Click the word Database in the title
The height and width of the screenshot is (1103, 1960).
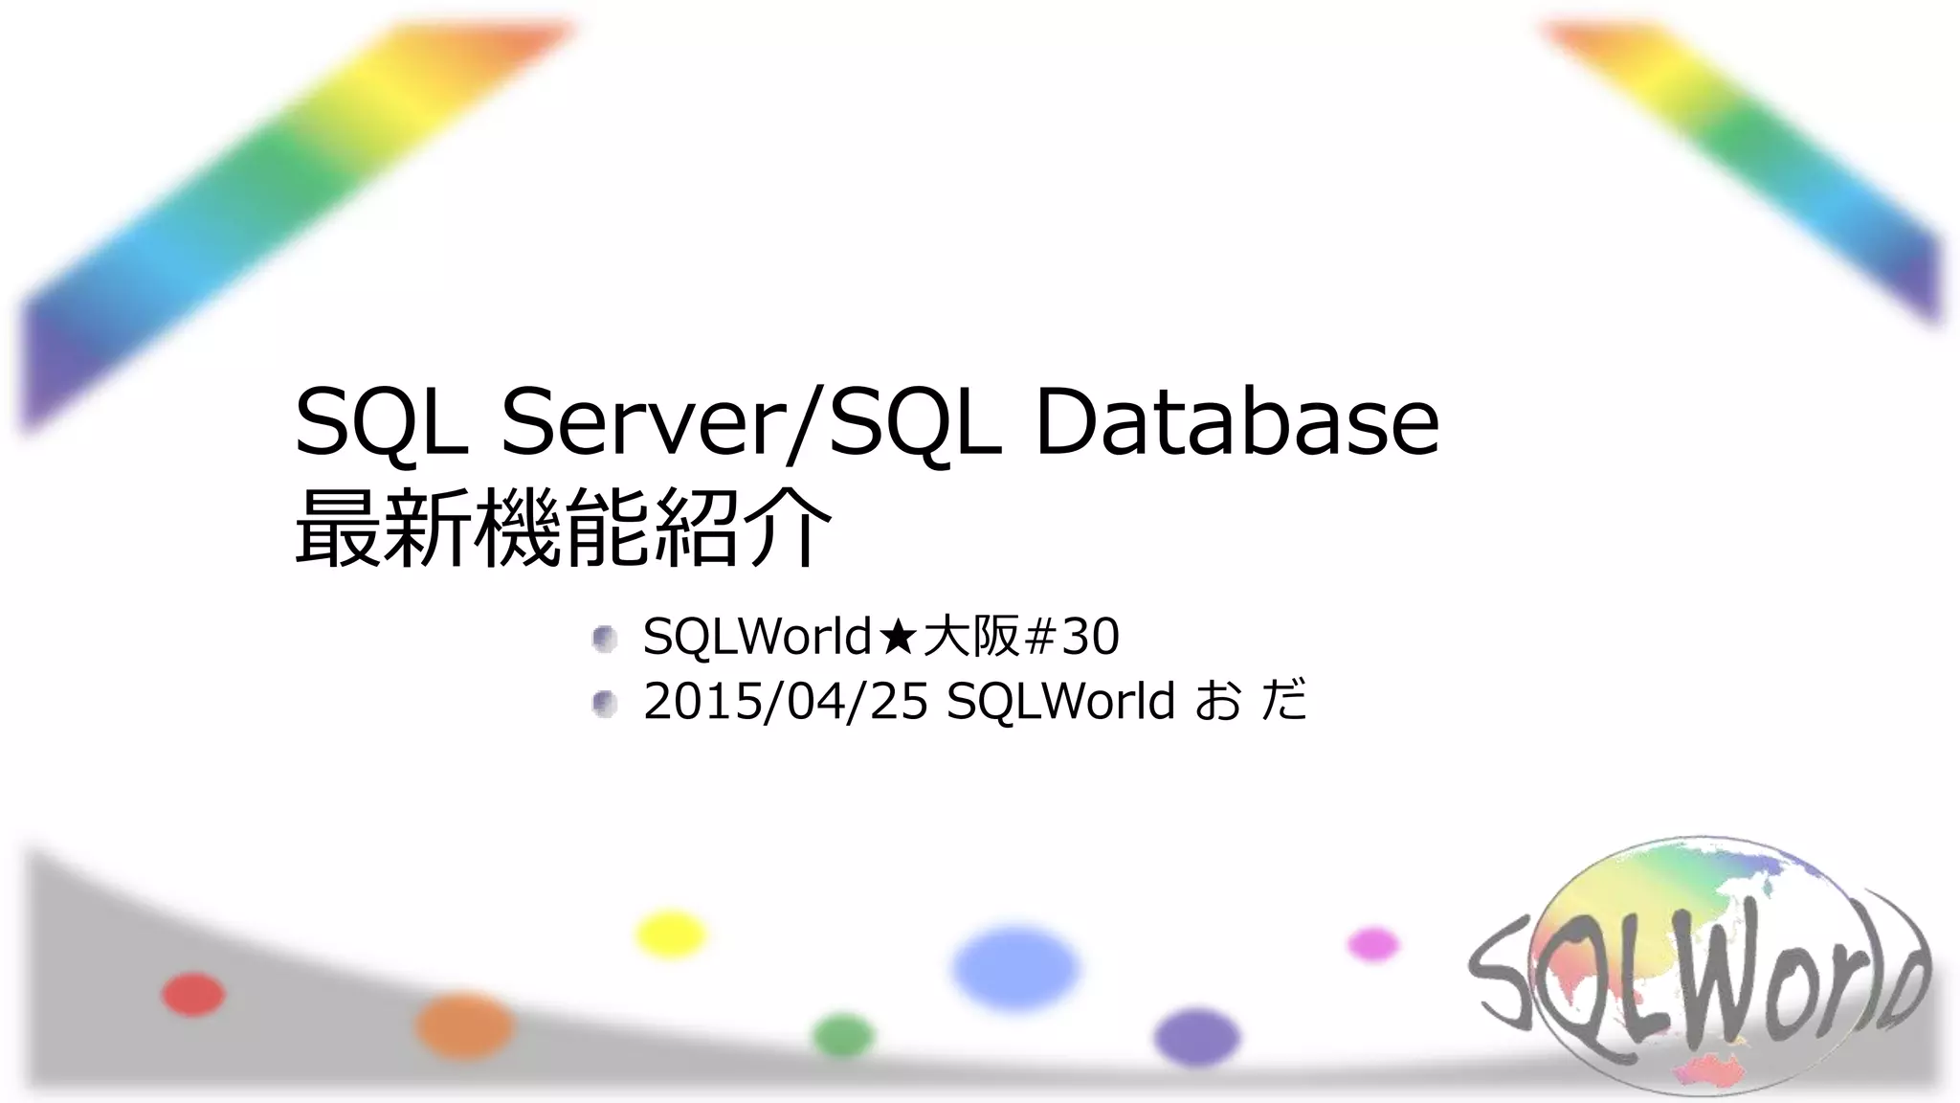[1236, 421]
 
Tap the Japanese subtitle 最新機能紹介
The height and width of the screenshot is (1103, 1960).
[563, 529]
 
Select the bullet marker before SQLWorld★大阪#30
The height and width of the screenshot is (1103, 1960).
[604, 639]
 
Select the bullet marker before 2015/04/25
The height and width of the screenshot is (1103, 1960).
[604, 704]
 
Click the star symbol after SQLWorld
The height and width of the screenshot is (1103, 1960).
[897, 637]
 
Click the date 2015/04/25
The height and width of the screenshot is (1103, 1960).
[785, 701]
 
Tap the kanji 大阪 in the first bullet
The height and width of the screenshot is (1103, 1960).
[970, 637]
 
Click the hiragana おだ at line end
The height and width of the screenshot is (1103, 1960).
[1251, 701]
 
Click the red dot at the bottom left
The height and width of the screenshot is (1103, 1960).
[193, 994]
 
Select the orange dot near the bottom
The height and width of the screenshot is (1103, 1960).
[464, 1025]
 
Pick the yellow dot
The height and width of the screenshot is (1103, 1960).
[671, 934]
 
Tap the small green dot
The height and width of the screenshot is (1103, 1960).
[843, 1036]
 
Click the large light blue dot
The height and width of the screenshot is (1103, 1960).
[1014, 967]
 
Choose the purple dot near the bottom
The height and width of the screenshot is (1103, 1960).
[1196, 1037]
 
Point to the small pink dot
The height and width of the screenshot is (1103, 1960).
[1373, 944]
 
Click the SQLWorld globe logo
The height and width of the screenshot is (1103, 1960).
[1699, 967]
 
